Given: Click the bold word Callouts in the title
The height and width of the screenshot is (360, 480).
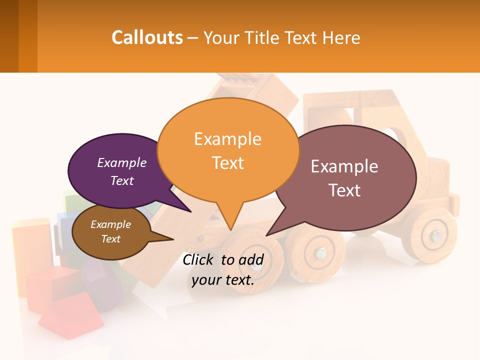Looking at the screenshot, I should (x=147, y=37).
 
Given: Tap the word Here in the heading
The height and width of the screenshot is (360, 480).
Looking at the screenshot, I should (x=341, y=38).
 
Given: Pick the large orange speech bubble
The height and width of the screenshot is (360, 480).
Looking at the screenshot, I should (x=228, y=150).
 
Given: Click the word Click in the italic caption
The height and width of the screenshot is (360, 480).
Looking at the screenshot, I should (x=200, y=259).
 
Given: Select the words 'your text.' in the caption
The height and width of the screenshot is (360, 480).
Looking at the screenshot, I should (x=223, y=280).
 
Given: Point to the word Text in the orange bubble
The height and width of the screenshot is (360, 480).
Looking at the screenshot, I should (x=228, y=163).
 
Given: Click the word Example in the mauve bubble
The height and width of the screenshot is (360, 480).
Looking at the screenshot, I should (x=344, y=166).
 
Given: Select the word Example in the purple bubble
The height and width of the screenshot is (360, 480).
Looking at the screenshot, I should (x=122, y=162).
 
